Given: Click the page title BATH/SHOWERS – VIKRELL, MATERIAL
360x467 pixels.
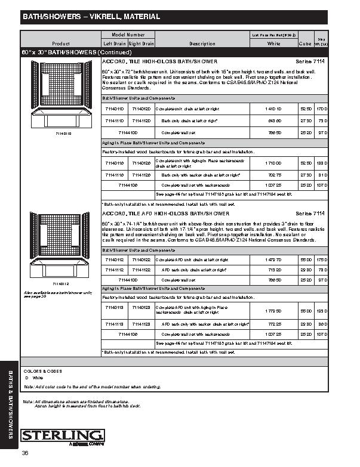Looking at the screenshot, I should tap(91, 17).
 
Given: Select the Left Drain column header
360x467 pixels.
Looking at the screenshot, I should tap(114, 44).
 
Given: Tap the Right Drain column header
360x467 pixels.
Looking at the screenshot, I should tap(141, 44).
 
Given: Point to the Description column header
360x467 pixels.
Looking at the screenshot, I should tap(202, 44).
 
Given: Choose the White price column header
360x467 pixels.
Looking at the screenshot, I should tap(274, 44).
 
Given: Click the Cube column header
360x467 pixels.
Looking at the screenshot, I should tap(305, 44).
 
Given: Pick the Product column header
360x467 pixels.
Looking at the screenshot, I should tap(61, 44).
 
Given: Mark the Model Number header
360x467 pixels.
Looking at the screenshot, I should tap(128, 36).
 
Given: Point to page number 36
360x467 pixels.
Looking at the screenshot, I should tap(26, 454).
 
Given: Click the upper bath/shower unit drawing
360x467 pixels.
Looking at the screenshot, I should tap(61, 98).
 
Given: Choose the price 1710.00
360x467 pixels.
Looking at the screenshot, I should tap(273, 162).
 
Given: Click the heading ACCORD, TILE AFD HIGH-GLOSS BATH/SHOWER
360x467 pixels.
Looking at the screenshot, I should tap(165, 213).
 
